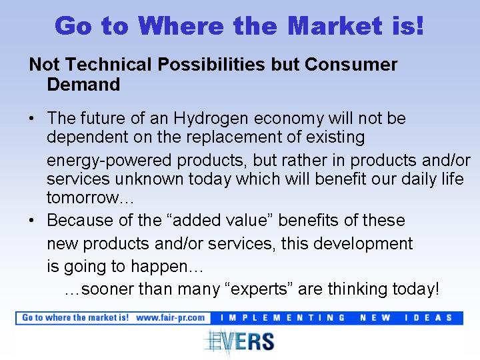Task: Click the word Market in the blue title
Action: pyautogui.click(x=335, y=26)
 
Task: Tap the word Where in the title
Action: pyautogui.click(x=181, y=26)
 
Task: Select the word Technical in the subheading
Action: pyautogui.click(x=109, y=64)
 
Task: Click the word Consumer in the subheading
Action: pyautogui.click(x=351, y=64)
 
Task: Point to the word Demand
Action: pyautogui.click(x=83, y=84)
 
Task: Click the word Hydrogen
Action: pyautogui.click(x=211, y=119)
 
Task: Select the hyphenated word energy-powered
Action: pyautogui.click(x=109, y=161)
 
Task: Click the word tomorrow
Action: pyautogui.click(x=83, y=198)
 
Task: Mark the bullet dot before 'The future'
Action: pyautogui.click(x=31, y=119)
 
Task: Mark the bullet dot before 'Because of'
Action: pyautogui.click(x=31, y=220)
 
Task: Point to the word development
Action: pyautogui.click(x=363, y=244)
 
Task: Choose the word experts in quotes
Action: pyautogui.click(x=259, y=289)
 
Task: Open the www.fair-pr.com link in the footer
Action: pyautogui.click(x=171, y=318)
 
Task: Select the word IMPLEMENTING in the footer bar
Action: pyautogui.click(x=283, y=318)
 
